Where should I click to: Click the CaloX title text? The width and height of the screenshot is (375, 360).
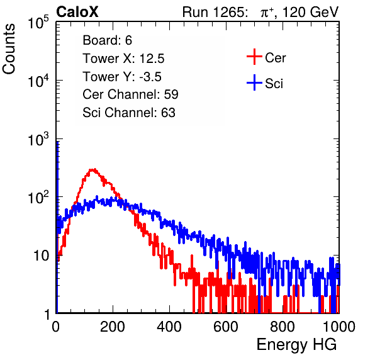[77, 12]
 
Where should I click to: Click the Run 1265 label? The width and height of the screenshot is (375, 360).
[215, 12]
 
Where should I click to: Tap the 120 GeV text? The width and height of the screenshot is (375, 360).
[310, 12]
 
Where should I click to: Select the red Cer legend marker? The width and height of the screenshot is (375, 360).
[254, 57]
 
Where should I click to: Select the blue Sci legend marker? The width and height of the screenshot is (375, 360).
[254, 82]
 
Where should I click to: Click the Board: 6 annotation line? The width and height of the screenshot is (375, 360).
[107, 40]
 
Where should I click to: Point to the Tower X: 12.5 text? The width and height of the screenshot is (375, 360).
[123, 59]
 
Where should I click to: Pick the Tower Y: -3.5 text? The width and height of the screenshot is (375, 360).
[122, 77]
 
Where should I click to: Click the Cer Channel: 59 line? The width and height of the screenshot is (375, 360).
[130, 94]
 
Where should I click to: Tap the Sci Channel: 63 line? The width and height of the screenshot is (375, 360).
[129, 113]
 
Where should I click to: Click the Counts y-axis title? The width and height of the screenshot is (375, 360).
[9, 49]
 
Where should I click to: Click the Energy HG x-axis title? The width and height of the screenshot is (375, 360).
[296, 345]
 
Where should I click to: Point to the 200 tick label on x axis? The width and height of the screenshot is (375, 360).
[113, 327]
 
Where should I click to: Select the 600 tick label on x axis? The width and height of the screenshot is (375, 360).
[226, 327]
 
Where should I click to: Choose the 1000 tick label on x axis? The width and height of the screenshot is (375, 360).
[339, 327]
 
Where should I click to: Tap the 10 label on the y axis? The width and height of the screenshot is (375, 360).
[41, 256]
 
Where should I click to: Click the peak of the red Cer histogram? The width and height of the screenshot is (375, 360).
[93, 169]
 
